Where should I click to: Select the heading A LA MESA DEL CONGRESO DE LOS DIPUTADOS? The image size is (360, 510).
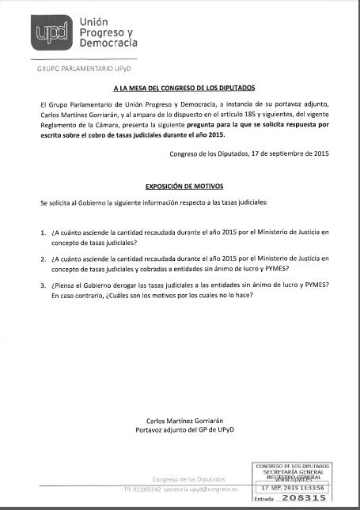tap(184, 90)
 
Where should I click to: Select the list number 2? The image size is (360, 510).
tap(43, 259)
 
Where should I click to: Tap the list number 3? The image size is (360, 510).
tap(43, 284)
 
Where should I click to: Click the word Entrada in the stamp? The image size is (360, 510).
tap(266, 501)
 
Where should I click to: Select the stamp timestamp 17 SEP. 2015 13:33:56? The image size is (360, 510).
tap(292, 489)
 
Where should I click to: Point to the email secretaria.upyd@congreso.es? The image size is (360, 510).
tap(208, 491)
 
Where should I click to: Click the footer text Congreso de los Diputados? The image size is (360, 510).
tap(189, 479)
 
